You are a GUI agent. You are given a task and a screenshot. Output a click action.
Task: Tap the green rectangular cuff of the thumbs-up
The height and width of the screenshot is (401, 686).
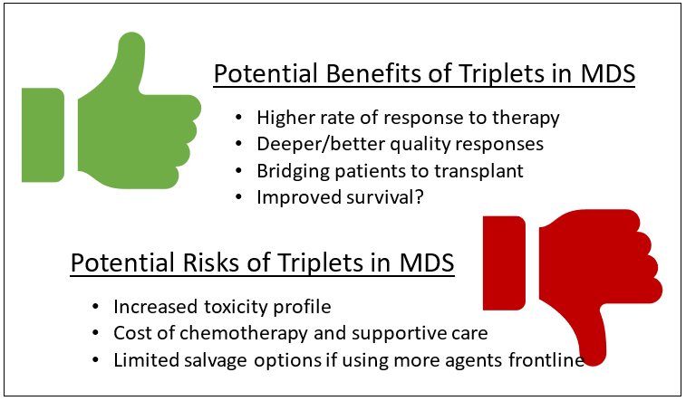pos(43,135)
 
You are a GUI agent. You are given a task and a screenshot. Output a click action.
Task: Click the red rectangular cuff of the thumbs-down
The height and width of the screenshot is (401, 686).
pos(504,263)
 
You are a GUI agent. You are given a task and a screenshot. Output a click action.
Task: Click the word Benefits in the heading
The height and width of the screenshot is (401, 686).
pos(373,73)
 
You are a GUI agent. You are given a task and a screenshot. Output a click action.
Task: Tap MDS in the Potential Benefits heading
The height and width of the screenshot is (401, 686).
pos(608,73)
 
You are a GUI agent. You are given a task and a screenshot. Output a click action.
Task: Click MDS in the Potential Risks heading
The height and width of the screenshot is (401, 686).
pos(427,263)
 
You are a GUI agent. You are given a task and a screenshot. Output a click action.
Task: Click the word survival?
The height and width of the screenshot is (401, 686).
pos(385,197)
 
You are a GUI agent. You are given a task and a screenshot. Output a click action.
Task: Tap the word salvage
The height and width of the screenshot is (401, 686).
pos(216,360)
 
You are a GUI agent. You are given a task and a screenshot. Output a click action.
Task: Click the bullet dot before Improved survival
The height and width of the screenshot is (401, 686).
pos(238,197)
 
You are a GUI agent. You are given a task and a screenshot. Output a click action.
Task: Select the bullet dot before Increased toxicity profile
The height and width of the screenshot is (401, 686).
pos(96,307)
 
